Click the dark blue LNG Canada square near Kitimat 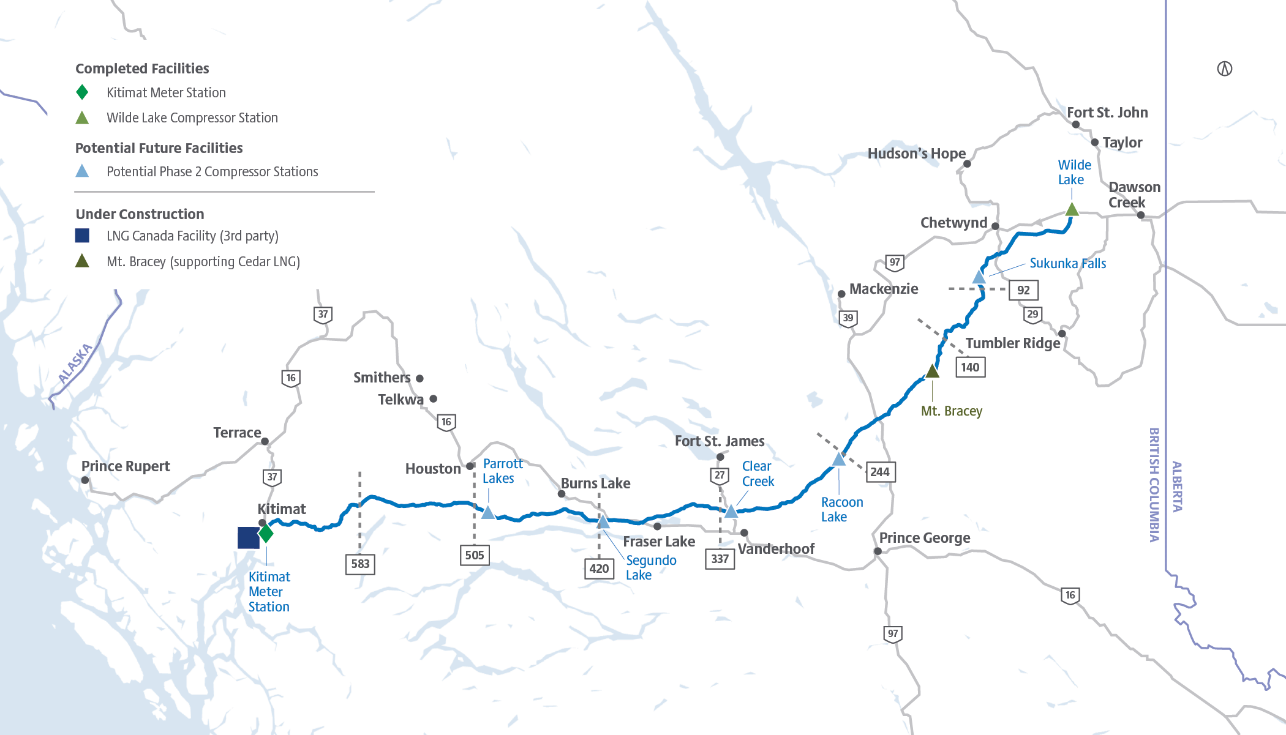248,537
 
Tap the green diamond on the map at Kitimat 266,533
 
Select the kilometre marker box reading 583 360,564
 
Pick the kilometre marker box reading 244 880,472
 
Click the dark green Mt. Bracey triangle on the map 932,371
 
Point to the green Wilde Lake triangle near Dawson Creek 1072,210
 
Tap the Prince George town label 925,538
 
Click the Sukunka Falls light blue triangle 979,278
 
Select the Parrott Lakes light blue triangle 488,513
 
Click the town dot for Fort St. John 1076,125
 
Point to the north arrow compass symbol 1224,69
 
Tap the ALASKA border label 75,364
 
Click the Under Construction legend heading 140,214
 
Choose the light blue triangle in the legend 82,171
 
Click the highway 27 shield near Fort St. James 720,476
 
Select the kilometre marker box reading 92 1023,290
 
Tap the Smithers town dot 419,379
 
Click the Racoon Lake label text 841,509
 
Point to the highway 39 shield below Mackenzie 848,318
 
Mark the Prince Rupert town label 126,466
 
